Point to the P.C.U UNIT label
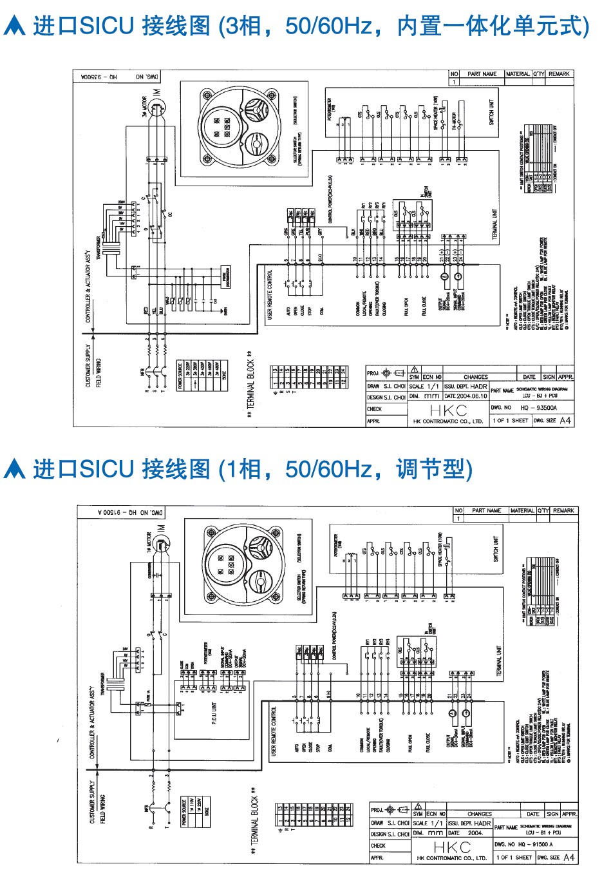tap(214, 713)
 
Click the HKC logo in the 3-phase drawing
tap(448, 410)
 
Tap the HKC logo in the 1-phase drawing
tap(451, 847)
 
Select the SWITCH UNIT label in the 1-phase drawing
tap(496, 549)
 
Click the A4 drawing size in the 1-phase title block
tap(568, 858)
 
